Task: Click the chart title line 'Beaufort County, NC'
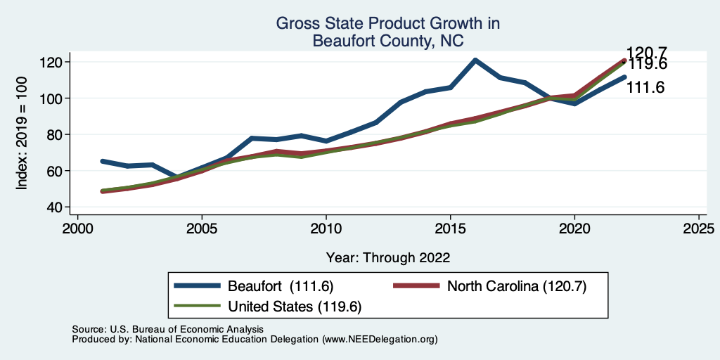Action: (x=387, y=41)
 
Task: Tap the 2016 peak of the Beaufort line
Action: (x=475, y=60)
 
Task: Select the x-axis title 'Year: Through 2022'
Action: (x=387, y=257)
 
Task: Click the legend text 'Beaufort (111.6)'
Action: (x=280, y=286)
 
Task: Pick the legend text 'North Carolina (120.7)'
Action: (x=516, y=286)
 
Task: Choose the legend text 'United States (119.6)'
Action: (x=295, y=306)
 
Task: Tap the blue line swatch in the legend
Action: (x=198, y=286)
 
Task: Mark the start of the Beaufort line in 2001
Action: (x=103, y=161)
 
